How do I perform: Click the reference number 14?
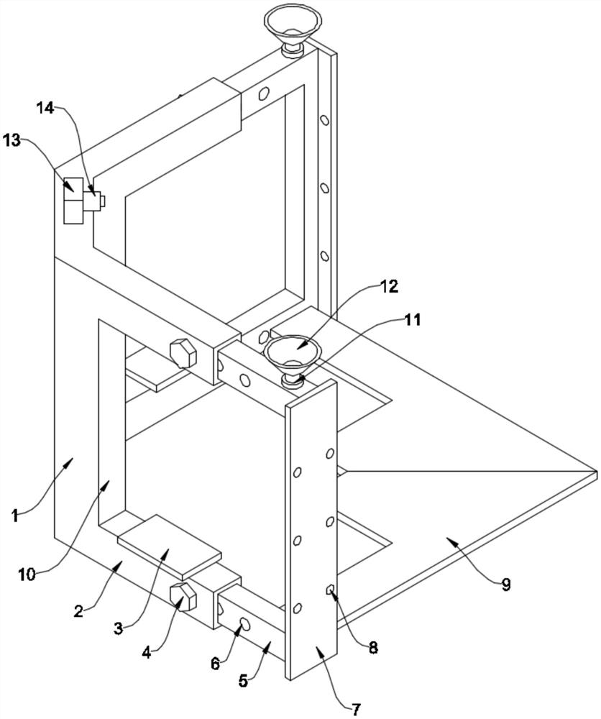pyautogui.click(x=45, y=108)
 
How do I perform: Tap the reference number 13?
pyautogui.click(x=12, y=140)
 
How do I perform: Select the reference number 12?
pyautogui.click(x=388, y=286)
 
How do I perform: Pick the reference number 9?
pyautogui.click(x=506, y=585)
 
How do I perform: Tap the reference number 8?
pyautogui.click(x=372, y=647)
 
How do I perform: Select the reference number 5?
pyautogui.click(x=244, y=679)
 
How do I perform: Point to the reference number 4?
pyautogui.click(x=147, y=654)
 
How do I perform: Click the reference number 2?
pyautogui.click(x=80, y=611)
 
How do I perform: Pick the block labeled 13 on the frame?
pyautogui.click(x=74, y=201)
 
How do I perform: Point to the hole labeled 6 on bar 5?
pyautogui.click(x=242, y=624)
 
